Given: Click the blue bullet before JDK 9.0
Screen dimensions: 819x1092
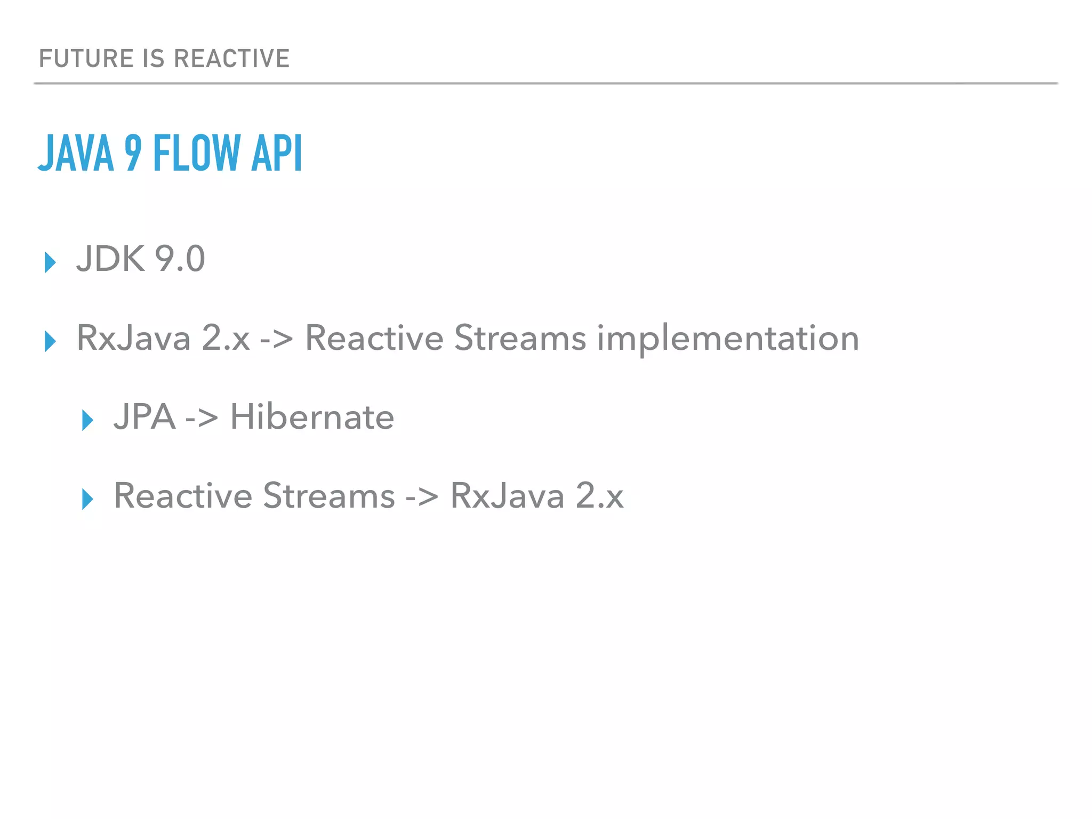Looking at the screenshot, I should tap(50, 262).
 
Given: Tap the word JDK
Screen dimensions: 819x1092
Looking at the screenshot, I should tap(110, 259).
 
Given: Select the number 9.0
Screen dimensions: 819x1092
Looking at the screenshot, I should tap(180, 259).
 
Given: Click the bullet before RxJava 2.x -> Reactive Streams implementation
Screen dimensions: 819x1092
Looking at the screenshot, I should tap(50, 341).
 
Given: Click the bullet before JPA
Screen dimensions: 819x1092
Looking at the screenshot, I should tap(87, 420).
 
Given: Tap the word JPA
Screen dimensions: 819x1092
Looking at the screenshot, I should tap(144, 416).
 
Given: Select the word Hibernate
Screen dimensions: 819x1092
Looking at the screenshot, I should tap(312, 416).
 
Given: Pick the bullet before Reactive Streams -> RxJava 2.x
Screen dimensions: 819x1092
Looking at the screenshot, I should tap(87, 499).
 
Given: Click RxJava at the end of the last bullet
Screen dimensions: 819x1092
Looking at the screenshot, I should tap(507, 496).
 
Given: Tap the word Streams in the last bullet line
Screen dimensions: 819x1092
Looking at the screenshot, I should tap(329, 496).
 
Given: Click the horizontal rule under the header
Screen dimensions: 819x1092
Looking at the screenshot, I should tap(546, 84).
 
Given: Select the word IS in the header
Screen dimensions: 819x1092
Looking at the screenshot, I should tap(154, 59).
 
